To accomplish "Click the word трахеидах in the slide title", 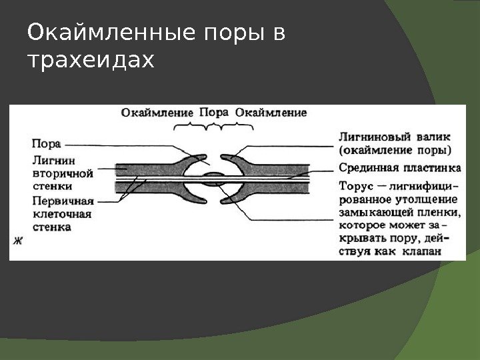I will [90, 61].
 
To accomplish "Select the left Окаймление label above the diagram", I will [157, 112].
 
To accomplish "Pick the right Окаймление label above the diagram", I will [272, 112].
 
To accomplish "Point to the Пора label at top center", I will [214, 112].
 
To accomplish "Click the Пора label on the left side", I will [47, 143].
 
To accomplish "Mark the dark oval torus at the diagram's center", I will [214, 178].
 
